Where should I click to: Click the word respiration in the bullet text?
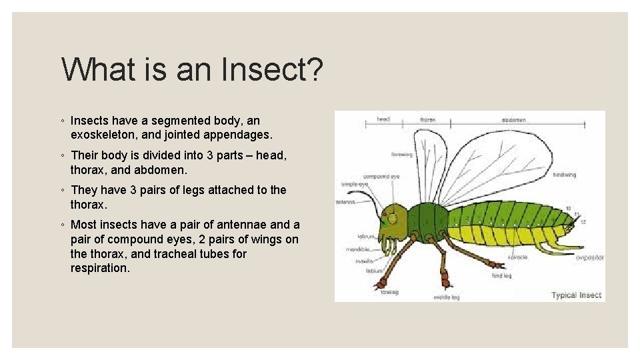tap(99, 268)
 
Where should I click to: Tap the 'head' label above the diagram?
tap(383, 119)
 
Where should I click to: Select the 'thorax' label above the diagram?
tap(427, 119)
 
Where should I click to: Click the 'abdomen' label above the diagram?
tap(513, 120)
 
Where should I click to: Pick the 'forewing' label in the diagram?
tap(402, 155)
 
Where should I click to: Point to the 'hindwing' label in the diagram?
tap(564, 175)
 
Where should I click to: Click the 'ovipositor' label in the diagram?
tap(590, 257)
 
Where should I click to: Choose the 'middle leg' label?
tap(446, 297)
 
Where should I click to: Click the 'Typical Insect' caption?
tap(576, 295)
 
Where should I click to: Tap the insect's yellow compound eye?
tap(393, 218)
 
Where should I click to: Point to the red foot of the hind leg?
tap(496, 265)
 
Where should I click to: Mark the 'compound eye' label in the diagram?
tap(386, 177)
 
